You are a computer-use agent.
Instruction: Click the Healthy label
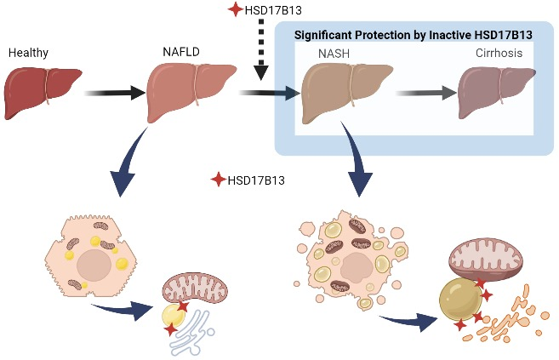(28, 53)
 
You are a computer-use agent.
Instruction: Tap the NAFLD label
(181, 52)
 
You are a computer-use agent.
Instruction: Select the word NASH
(334, 54)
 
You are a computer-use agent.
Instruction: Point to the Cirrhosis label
(499, 53)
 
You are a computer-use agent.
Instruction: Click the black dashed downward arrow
(261, 49)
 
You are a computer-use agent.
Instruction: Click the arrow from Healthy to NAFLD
(115, 93)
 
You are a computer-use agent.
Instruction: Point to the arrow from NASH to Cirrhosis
(426, 93)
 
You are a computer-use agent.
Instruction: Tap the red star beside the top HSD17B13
(236, 9)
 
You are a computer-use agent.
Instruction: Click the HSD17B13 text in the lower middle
(256, 180)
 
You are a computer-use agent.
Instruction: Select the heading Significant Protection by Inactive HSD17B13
(414, 35)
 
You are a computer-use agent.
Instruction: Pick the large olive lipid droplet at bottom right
(460, 300)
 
